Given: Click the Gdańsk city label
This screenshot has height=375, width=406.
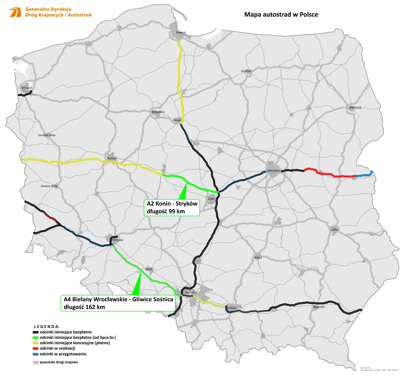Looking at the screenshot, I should pyautogui.click(x=181, y=33).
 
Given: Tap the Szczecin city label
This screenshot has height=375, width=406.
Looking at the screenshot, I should pyautogui.click(x=27, y=88).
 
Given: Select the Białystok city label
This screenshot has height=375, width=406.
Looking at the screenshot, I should pyautogui.click(x=355, y=108).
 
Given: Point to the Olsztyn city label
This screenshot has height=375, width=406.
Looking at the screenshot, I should pyautogui.click(x=246, y=71).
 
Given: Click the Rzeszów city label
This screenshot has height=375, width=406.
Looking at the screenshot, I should pyautogui.click(x=319, y=307).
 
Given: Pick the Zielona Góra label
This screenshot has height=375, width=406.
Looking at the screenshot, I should pyautogui.click(x=49, y=186).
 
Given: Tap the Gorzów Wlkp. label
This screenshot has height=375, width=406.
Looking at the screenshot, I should pyautogui.click(x=47, y=135).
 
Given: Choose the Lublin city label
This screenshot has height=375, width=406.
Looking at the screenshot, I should pyautogui.click(x=334, y=230).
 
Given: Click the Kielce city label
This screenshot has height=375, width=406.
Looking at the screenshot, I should pyautogui.click(x=258, y=258).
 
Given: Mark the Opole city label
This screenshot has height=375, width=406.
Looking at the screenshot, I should pyautogui.click(x=148, y=269).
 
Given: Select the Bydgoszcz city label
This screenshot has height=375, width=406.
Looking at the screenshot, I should pyautogui.click(x=158, y=112).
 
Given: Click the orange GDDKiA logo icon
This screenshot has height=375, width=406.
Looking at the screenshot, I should pyautogui.click(x=15, y=12).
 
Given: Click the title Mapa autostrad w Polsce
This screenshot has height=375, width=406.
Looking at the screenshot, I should pyautogui.click(x=281, y=15).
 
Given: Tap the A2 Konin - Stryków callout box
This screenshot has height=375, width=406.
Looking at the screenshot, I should pyautogui.click(x=172, y=207).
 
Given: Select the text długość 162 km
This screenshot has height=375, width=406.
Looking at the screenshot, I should pyautogui.click(x=84, y=307).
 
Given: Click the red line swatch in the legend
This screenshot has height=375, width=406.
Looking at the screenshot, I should pyautogui.click(x=35, y=349).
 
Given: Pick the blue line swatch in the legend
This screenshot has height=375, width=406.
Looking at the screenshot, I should pyautogui.click(x=35, y=354).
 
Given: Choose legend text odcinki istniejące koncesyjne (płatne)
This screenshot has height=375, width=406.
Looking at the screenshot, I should pyautogui.click(x=75, y=343).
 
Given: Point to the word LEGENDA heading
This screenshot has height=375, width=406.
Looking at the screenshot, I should pyautogui.click(x=46, y=327).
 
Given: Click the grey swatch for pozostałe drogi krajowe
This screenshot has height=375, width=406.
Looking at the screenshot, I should pyautogui.click(x=35, y=363).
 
